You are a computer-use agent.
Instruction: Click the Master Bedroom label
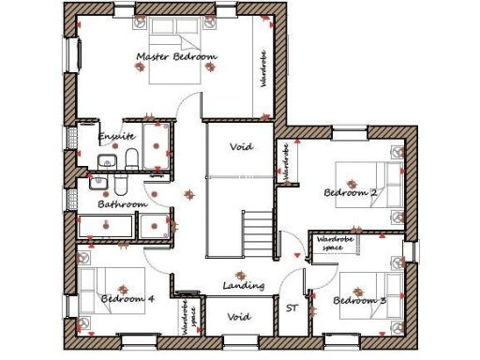pos(176,57)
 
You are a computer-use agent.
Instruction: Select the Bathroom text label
pos(124,203)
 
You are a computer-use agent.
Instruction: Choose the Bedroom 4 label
pos(127,299)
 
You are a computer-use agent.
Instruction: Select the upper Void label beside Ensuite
pos(241,146)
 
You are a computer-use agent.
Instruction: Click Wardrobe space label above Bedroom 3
pos(338,241)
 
